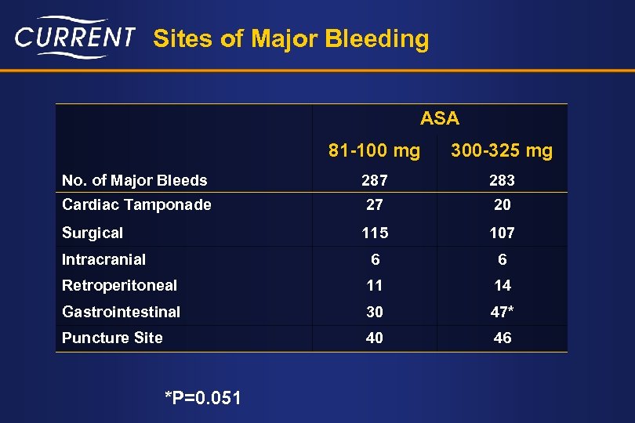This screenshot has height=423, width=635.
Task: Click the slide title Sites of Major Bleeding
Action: point(291,38)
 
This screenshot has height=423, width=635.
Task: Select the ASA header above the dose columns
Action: point(439,119)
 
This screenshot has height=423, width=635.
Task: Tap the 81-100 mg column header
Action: point(374,150)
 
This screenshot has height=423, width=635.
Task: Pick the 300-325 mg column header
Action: point(502,150)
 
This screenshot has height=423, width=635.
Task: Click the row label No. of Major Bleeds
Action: point(134,180)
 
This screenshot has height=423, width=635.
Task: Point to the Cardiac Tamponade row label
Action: point(136,204)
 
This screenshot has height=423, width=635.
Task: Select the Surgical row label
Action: point(93,233)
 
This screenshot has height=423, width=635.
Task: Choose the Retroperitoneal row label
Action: point(119,285)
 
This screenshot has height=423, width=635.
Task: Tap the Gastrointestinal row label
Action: point(121,312)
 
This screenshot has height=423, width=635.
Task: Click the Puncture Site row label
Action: point(112,338)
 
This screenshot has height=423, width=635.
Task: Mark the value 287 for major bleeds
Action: point(374,180)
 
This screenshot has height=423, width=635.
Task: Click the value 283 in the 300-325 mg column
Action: point(502,180)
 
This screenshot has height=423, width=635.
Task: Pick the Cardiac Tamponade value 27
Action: point(374,204)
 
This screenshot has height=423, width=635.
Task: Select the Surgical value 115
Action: point(374,233)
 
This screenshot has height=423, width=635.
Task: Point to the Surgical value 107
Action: point(502,233)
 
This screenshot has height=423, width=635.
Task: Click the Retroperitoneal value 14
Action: point(502,285)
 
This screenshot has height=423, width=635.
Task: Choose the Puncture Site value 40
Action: point(374,338)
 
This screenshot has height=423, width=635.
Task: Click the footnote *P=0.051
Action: point(203,399)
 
